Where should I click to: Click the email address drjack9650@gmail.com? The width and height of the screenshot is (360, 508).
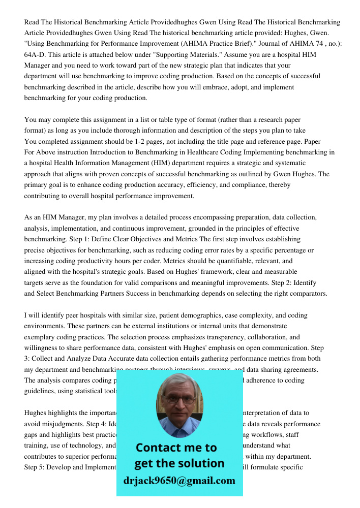179,481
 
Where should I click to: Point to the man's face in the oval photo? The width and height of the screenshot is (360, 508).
178,402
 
